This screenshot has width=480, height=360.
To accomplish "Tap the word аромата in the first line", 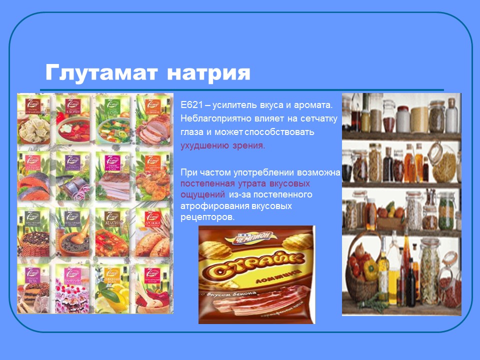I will pos(313,105).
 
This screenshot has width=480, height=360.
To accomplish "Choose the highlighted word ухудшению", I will pos(204,146).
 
